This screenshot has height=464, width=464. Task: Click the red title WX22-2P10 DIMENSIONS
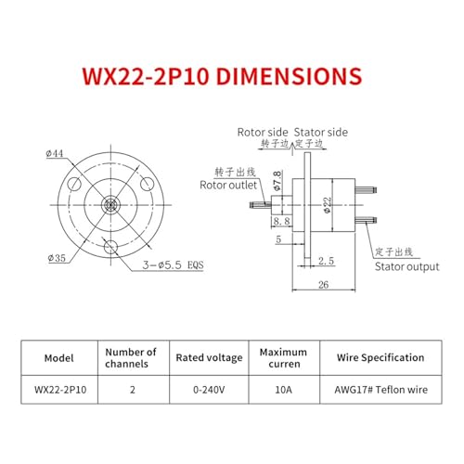pyautogui.click(x=222, y=76)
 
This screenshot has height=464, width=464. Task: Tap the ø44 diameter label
pyautogui.click(x=55, y=153)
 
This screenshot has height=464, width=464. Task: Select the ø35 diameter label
pyautogui.click(x=57, y=258)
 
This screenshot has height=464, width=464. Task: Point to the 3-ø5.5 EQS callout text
pyautogui.click(x=173, y=264)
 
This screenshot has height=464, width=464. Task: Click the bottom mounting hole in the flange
pyautogui.click(x=110, y=247)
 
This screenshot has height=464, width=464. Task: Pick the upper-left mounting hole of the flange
pyautogui.click(x=74, y=184)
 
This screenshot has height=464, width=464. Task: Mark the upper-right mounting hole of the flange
pyautogui.click(x=148, y=184)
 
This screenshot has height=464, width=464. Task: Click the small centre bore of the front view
pyautogui.click(x=110, y=204)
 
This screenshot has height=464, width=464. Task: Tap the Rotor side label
pyautogui.click(x=263, y=133)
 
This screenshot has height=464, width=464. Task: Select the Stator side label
pyautogui.click(x=321, y=133)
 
